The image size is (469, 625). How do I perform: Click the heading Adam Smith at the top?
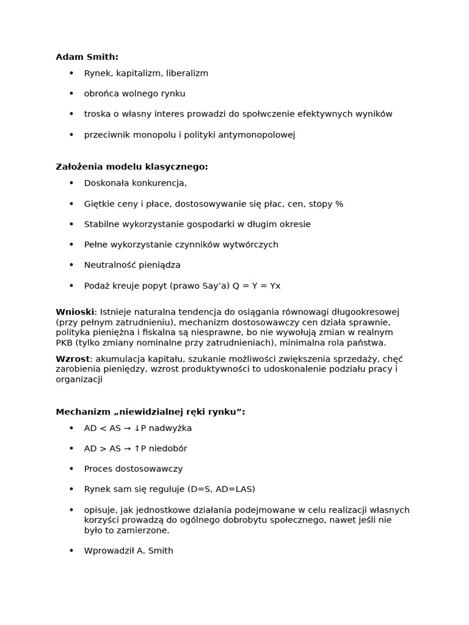(x=87, y=57)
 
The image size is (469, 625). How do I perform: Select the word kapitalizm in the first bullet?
(x=140, y=73)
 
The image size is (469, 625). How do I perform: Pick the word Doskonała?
(x=104, y=183)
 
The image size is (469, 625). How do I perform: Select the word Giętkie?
(x=99, y=204)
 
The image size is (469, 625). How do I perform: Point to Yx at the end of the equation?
(x=275, y=286)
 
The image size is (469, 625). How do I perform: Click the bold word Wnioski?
(x=75, y=312)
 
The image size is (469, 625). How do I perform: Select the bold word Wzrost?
(x=73, y=359)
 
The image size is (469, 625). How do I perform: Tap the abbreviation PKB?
(x=64, y=342)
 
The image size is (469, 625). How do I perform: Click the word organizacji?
(x=79, y=379)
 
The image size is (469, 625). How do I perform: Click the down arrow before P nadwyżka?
(x=137, y=428)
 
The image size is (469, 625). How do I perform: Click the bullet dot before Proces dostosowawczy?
(x=71, y=469)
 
